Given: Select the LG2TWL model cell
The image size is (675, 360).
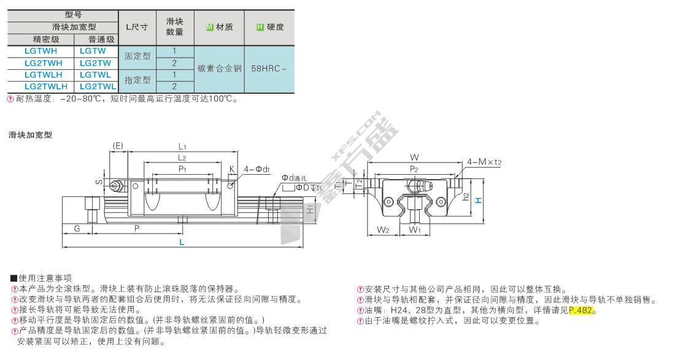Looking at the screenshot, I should [x=95, y=86].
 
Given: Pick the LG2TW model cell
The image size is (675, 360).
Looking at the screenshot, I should [x=95, y=63].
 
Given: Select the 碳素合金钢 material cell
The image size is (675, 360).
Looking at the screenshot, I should [x=220, y=69].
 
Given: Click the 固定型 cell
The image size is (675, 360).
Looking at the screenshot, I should [x=137, y=57].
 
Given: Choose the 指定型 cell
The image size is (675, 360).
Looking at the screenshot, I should [x=137, y=80].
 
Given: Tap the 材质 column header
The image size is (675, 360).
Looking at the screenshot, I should [x=220, y=28].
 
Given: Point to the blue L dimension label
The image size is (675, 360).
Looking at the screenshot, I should [x=182, y=243].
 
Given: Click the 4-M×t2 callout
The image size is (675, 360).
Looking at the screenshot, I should [x=485, y=162].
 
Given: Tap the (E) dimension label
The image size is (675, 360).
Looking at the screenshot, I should [x=118, y=145].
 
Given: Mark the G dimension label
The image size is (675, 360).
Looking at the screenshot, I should [x=77, y=228].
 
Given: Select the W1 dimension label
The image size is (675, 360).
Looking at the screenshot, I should [x=415, y=231].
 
